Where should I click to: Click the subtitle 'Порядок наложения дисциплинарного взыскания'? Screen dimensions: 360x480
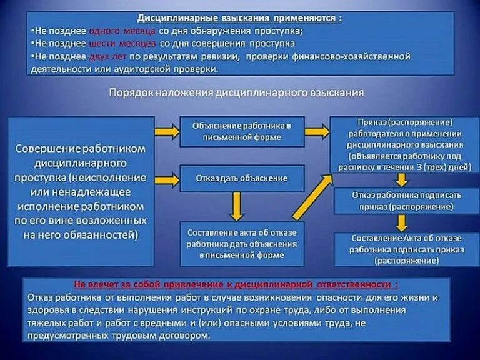[x=236, y=92]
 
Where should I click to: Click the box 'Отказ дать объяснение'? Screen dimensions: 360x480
[x=241, y=178]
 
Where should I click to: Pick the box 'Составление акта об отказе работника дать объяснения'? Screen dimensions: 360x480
[x=241, y=244]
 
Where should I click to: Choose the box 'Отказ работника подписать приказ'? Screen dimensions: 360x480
[x=406, y=201]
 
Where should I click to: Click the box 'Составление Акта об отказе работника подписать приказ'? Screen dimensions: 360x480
[x=406, y=249]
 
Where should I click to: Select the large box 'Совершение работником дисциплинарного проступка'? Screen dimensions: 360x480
[x=81, y=191]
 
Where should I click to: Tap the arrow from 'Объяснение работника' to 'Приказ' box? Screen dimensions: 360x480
[x=316, y=132]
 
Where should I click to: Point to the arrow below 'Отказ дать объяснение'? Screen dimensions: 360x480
[x=236, y=206]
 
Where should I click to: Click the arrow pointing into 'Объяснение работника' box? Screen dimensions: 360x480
[x=166, y=131]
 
